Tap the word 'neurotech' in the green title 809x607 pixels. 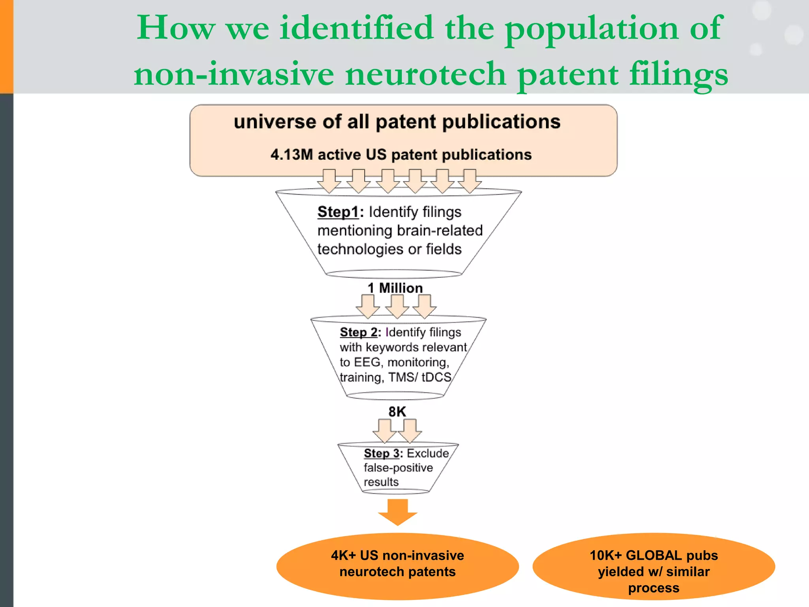(425, 74)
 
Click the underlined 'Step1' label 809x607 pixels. (338, 212)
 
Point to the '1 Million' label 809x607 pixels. (395, 288)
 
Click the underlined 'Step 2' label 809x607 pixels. (358, 332)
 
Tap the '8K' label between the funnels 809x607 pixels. (397, 412)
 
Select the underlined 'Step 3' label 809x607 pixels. (381, 453)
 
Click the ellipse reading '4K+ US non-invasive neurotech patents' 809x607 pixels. (397, 566)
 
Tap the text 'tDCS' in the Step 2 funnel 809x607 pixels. (436, 377)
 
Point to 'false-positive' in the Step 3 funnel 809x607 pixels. (398, 468)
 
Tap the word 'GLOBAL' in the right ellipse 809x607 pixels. (654, 556)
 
